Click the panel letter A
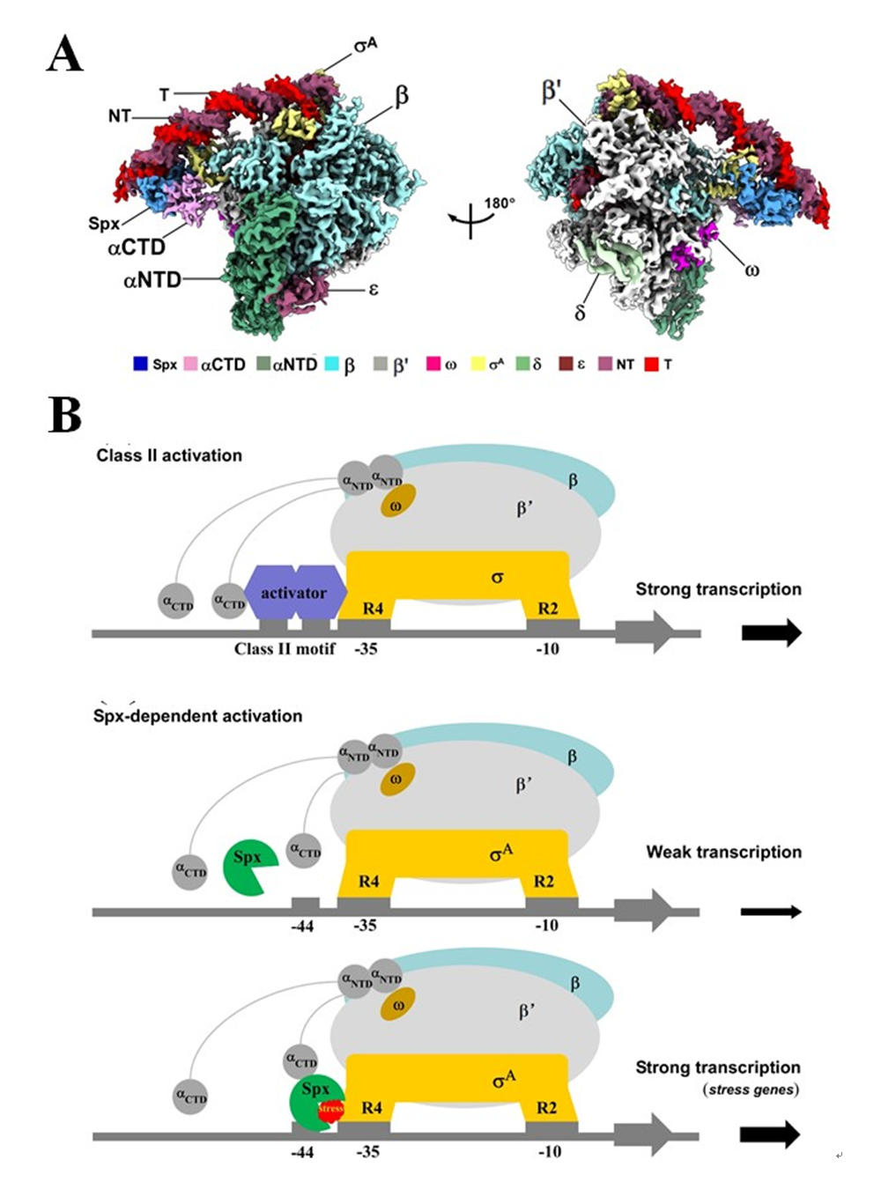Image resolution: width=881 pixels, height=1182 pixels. tap(64, 55)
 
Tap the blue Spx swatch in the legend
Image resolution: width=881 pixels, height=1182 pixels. tap(140, 364)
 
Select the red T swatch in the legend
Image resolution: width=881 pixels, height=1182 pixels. tap(652, 364)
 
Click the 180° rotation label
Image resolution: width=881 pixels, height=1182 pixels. tap(499, 203)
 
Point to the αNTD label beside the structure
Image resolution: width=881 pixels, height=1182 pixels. tap(152, 280)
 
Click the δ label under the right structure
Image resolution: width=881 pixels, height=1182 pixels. tap(580, 313)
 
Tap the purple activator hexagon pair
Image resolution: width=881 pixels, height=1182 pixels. tap(294, 593)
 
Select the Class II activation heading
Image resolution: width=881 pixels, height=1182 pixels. tap(169, 455)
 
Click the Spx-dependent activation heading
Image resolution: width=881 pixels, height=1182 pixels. tap(197, 716)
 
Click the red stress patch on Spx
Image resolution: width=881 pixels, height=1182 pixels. tap(330, 1109)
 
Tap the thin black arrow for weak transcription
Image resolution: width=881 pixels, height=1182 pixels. tap(771, 912)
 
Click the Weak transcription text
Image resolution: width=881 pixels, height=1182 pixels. tap(723, 852)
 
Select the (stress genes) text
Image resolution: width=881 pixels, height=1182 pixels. tap(751, 1090)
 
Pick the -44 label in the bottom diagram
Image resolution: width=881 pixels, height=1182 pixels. tap(302, 1151)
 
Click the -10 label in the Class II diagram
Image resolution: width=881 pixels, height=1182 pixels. tap(547, 649)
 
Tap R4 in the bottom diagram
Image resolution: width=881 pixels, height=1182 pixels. tap(372, 1107)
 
